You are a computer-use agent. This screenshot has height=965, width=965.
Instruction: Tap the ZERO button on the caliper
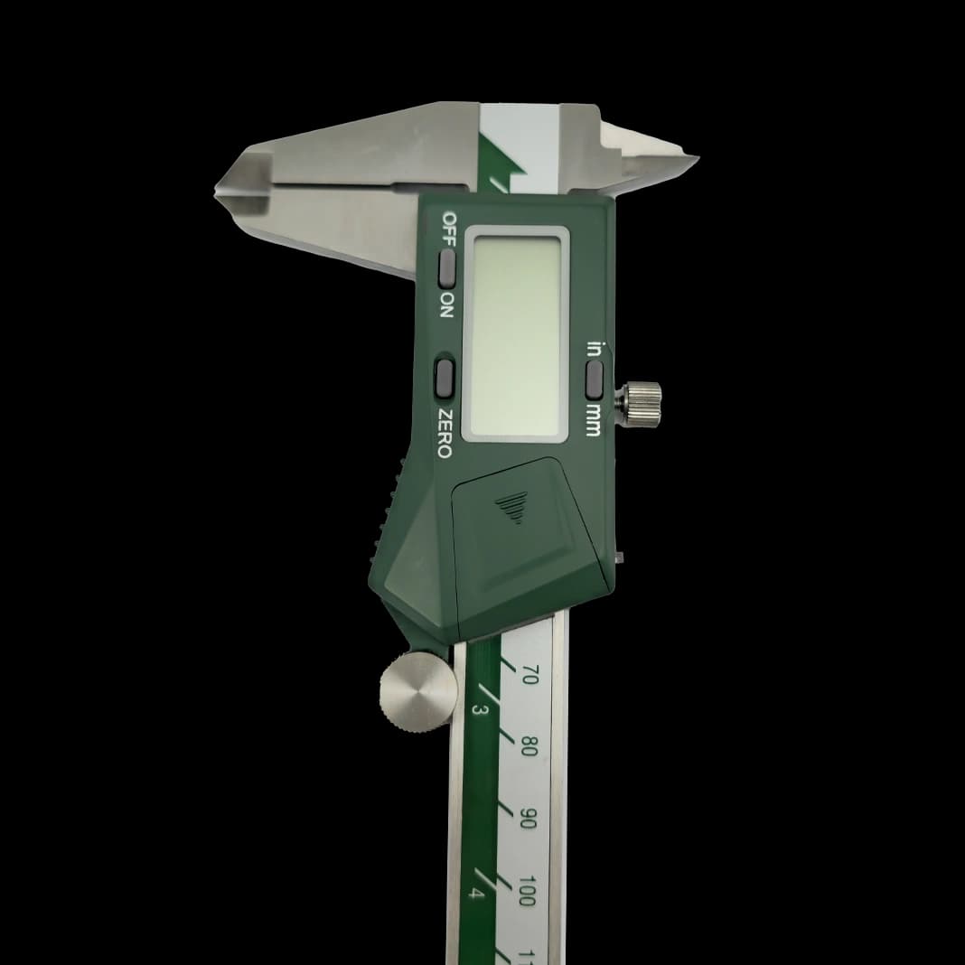coord(445,377)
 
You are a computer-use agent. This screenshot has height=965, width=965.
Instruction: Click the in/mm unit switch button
coord(594,379)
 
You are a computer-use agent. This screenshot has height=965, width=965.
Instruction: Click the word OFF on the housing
coord(449,229)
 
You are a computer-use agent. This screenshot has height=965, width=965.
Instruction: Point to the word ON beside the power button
coord(446,304)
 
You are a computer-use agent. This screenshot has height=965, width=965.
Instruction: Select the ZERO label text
coord(445,434)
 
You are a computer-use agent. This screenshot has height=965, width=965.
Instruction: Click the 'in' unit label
coord(594,349)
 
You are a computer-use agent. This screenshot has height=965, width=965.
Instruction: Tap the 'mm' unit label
coord(593,420)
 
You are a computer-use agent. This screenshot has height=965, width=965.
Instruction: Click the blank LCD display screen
coord(515,333)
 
